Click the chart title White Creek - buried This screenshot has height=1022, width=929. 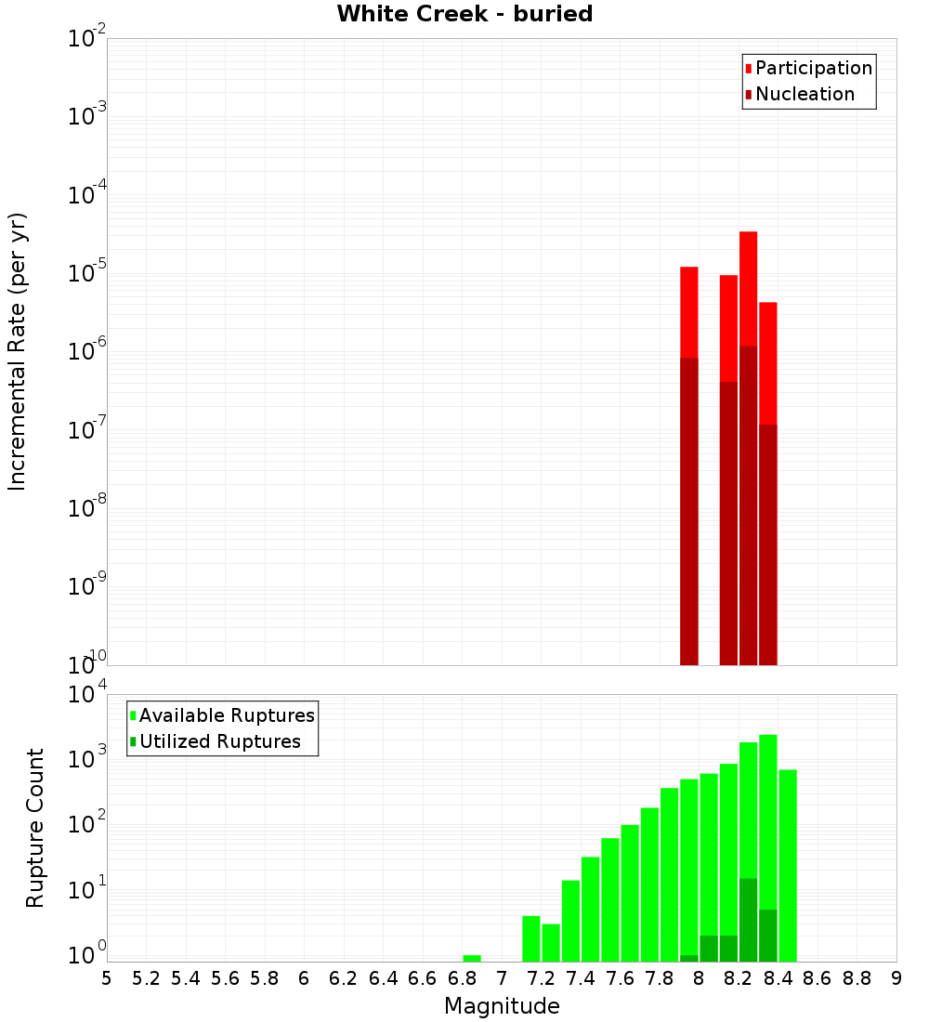pyautogui.click(x=464, y=14)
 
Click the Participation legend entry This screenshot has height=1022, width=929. pyautogui.click(x=813, y=68)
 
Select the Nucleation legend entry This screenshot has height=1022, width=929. pyautogui.click(x=804, y=94)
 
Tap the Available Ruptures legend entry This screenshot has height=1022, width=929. pyautogui.click(x=226, y=715)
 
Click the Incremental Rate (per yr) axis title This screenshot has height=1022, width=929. pyautogui.click(x=18, y=352)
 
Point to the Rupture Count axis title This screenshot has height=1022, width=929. pyautogui.click(x=35, y=828)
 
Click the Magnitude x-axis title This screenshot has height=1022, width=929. pyautogui.click(x=502, y=1005)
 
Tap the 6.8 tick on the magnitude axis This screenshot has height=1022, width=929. pyautogui.click(x=462, y=977)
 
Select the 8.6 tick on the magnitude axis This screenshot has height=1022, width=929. pyautogui.click(x=818, y=977)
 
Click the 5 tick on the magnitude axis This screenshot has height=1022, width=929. pyautogui.click(x=107, y=977)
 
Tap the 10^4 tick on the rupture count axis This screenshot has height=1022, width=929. pyautogui.click(x=88, y=696)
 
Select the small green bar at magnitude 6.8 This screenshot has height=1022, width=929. pyautogui.click(x=472, y=958)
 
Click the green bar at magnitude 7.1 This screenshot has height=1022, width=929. pyautogui.click(x=531, y=938)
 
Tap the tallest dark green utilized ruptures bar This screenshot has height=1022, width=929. pyautogui.click(x=748, y=920)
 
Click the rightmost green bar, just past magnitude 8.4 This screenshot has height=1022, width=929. pyautogui.click(x=788, y=864)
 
